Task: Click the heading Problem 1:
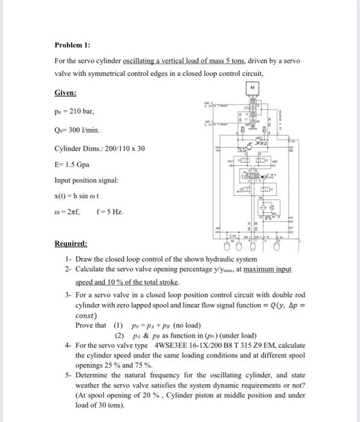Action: (72, 45)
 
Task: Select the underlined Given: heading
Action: (65, 93)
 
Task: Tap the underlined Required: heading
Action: (71, 244)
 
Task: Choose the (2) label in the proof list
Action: (119, 335)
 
